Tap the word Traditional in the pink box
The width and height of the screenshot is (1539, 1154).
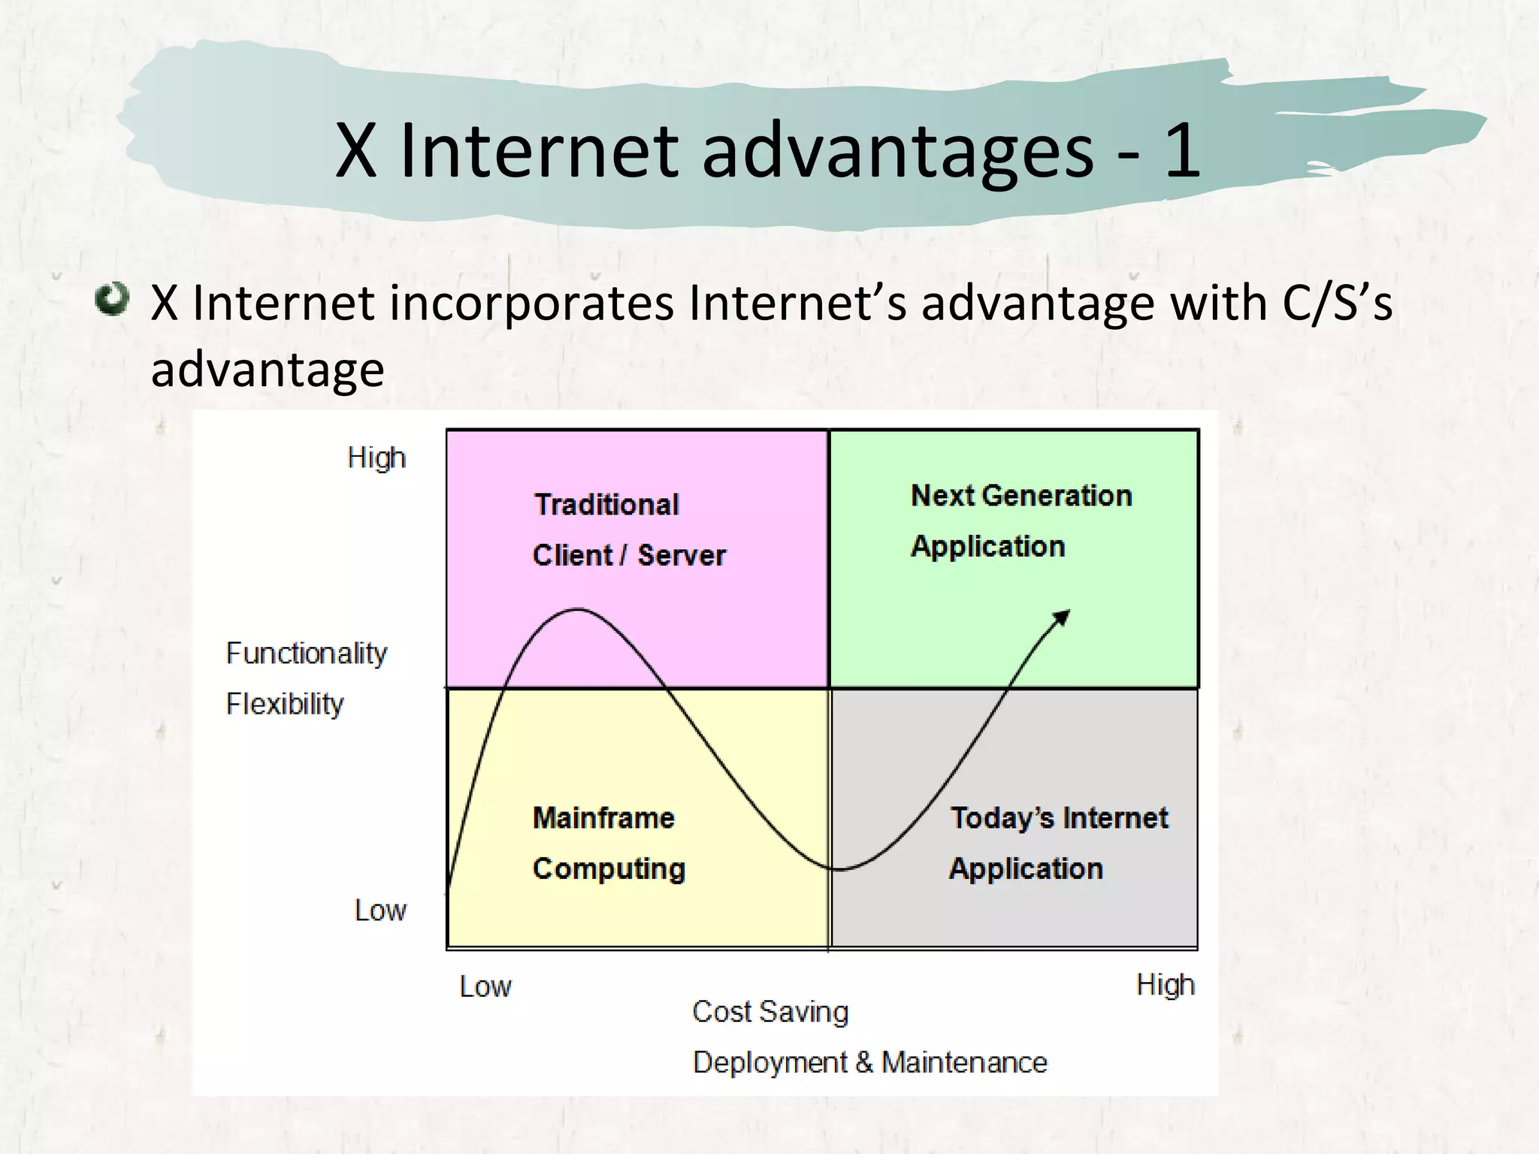(606, 505)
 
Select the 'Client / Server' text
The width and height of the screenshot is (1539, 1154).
(629, 555)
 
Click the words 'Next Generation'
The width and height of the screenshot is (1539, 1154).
(1021, 496)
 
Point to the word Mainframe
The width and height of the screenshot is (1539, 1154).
(603, 817)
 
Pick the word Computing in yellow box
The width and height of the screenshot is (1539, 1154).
(609, 869)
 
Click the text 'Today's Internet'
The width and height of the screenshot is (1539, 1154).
(1059, 817)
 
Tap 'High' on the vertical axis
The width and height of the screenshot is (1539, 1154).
(376, 458)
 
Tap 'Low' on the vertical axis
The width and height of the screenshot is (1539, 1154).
(380, 911)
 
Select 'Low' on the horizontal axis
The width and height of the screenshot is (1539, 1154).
(485, 986)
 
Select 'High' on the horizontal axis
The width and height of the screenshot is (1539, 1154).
(1165, 985)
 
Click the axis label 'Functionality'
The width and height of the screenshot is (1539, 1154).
(307, 653)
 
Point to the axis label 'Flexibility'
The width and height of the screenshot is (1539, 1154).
(285, 704)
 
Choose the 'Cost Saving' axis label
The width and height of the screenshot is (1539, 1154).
(770, 1012)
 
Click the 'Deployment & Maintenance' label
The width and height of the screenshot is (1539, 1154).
(869, 1062)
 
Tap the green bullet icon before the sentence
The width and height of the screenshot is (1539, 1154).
(113, 299)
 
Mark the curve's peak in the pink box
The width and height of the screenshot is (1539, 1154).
(577, 609)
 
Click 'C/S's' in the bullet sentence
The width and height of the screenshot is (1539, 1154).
(1337, 303)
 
